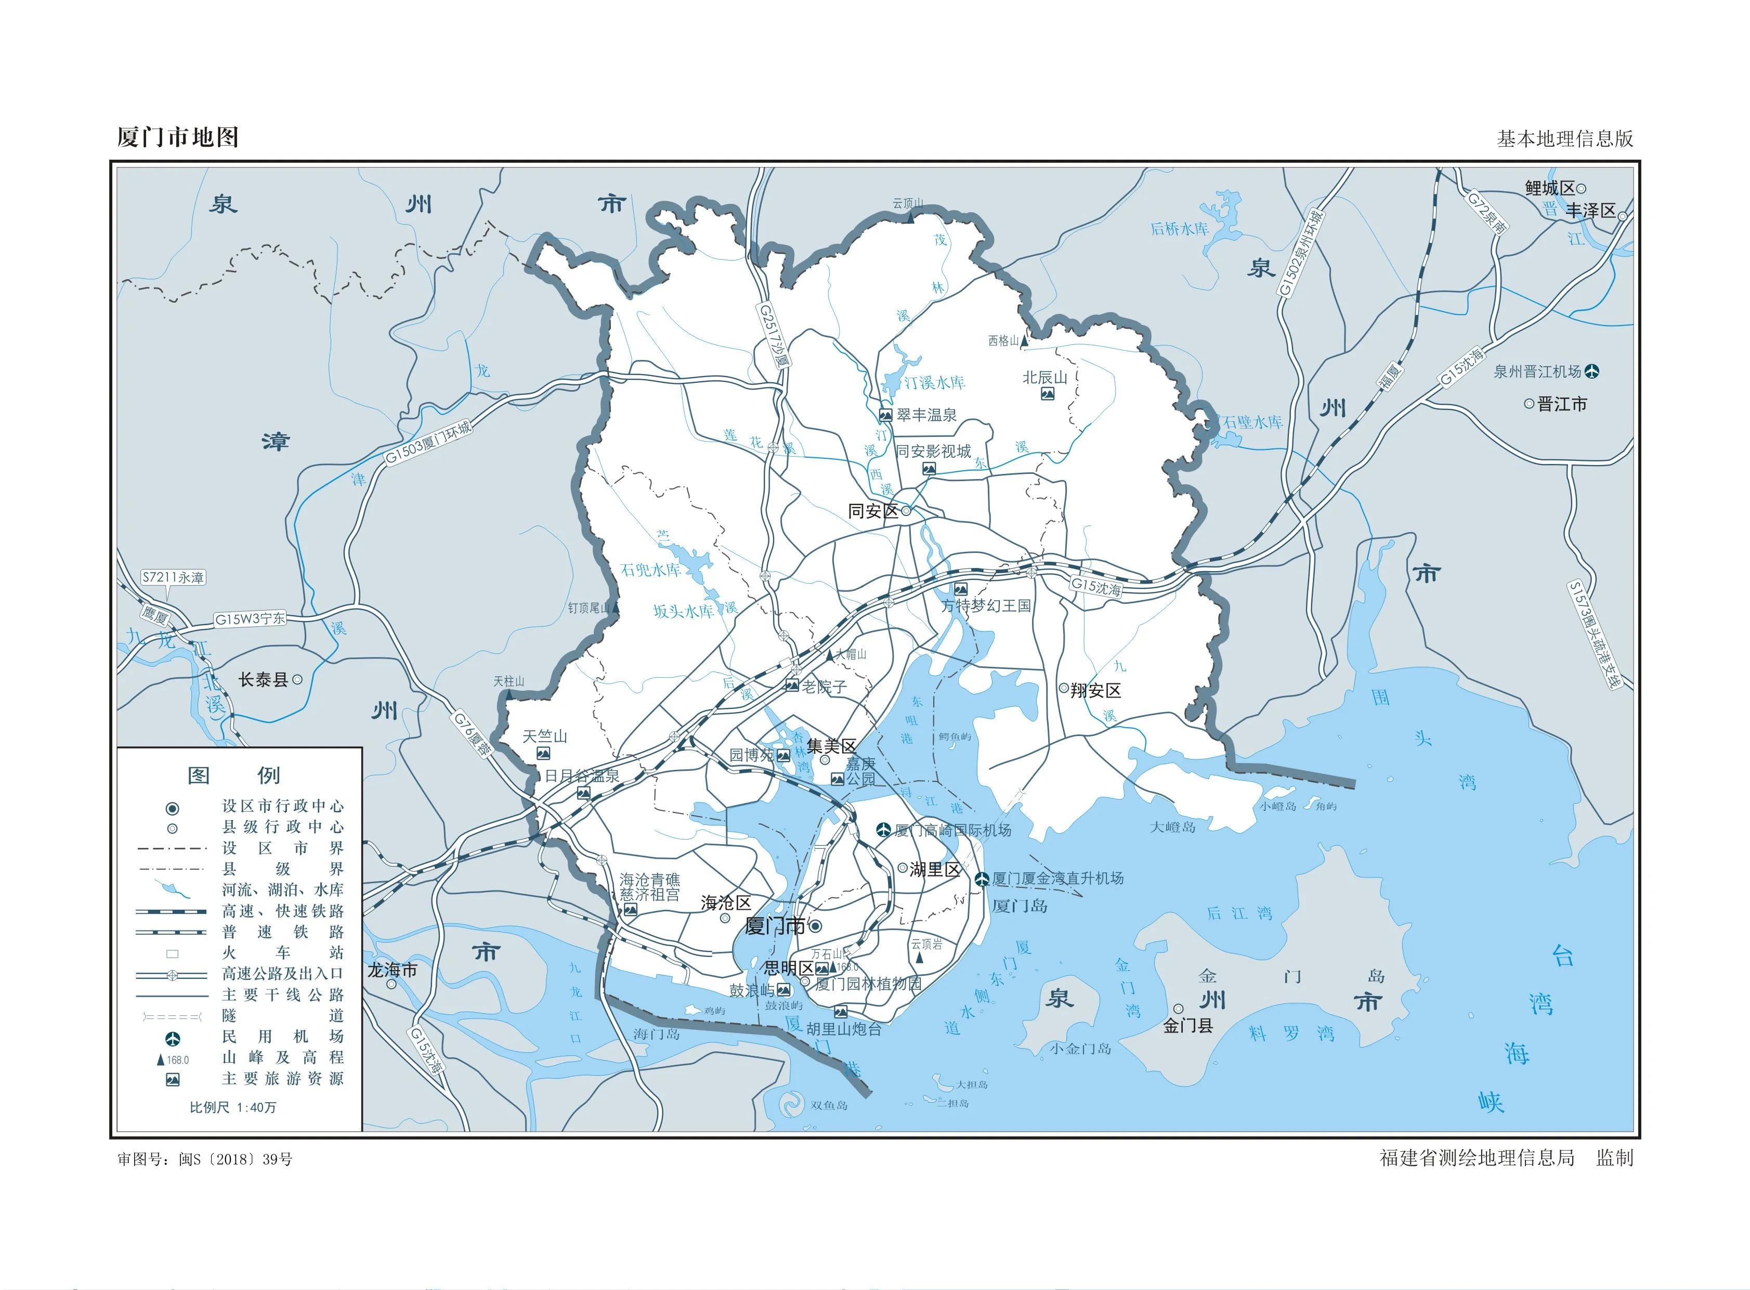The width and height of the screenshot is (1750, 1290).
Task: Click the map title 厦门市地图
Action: pyautogui.click(x=177, y=137)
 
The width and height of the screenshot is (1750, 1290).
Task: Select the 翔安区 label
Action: pyautogui.click(x=1095, y=690)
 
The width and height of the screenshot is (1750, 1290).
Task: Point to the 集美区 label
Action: pyautogui.click(x=831, y=746)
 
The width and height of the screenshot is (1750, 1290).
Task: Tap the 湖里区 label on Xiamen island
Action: pyautogui.click(x=934, y=869)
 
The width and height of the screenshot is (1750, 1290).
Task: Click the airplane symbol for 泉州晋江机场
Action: pyautogui.click(x=1591, y=372)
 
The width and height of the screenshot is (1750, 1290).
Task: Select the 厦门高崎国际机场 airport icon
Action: pyautogui.click(x=884, y=829)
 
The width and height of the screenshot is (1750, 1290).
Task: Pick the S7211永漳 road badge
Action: pyautogui.click(x=173, y=578)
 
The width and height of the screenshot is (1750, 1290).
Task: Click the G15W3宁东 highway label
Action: pyautogui.click(x=250, y=619)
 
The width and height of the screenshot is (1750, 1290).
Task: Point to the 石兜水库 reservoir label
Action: pyautogui.click(x=650, y=569)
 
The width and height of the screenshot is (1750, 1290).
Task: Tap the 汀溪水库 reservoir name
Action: pyautogui.click(x=934, y=383)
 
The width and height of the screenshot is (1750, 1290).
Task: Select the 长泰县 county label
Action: pyautogui.click(x=263, y=680)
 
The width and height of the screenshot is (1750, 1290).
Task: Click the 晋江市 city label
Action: pyautogui.click(x=1561, y=405)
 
